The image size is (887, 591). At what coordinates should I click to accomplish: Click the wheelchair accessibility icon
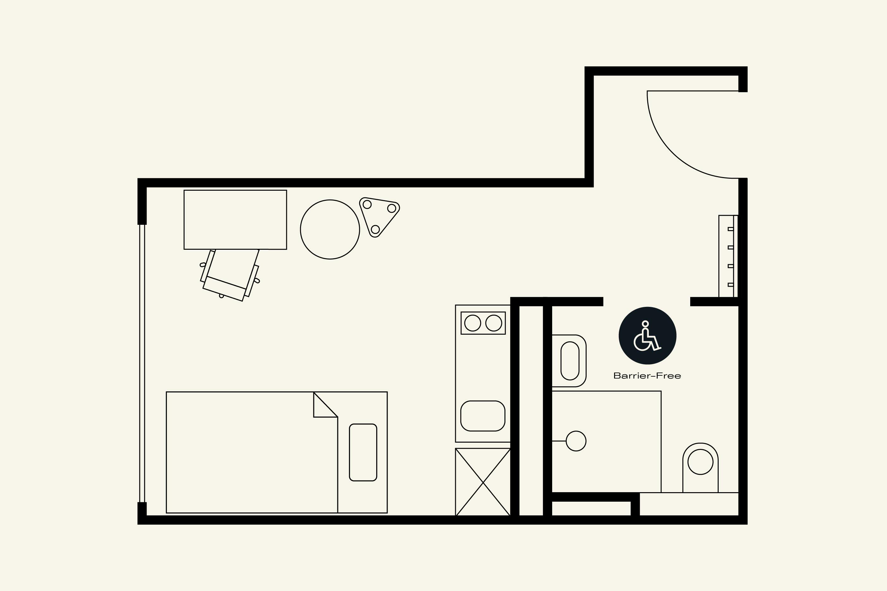click(x=647, y=336)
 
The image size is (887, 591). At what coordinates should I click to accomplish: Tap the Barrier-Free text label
click(x=647, y=376)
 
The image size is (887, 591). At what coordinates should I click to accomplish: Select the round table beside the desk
click(x=330, y=229)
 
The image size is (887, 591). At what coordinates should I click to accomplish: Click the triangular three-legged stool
click(x=378, y=216)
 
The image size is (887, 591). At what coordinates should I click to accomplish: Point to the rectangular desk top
click(x=235, y=219)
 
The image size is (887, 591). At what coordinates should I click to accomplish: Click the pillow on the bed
click(x=363, y=452)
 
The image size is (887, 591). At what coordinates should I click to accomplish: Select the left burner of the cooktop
click(x=473, y=323)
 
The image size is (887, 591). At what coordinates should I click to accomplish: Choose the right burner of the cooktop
click(x=494, y=323)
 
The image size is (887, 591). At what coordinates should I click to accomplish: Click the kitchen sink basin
click(x=483, y=416)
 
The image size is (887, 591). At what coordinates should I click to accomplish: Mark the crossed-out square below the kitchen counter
click(x=483, y=482)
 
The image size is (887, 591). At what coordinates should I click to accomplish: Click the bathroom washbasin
click(x=570, y=361)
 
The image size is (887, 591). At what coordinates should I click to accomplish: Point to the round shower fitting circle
click(x=576, y=441)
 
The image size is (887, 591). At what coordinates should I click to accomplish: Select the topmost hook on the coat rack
click(x=731, y=229)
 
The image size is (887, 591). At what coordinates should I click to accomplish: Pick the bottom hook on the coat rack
click(x=731, y=284)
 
